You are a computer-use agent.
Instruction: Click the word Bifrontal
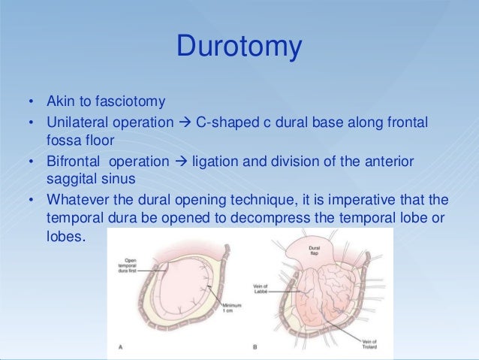click(x=72, y=162)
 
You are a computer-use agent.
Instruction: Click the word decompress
click(x=302, y=219)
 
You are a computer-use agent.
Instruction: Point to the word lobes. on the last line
click(x=66, y=239)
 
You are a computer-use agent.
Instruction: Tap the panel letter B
click(x=256, y=346)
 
